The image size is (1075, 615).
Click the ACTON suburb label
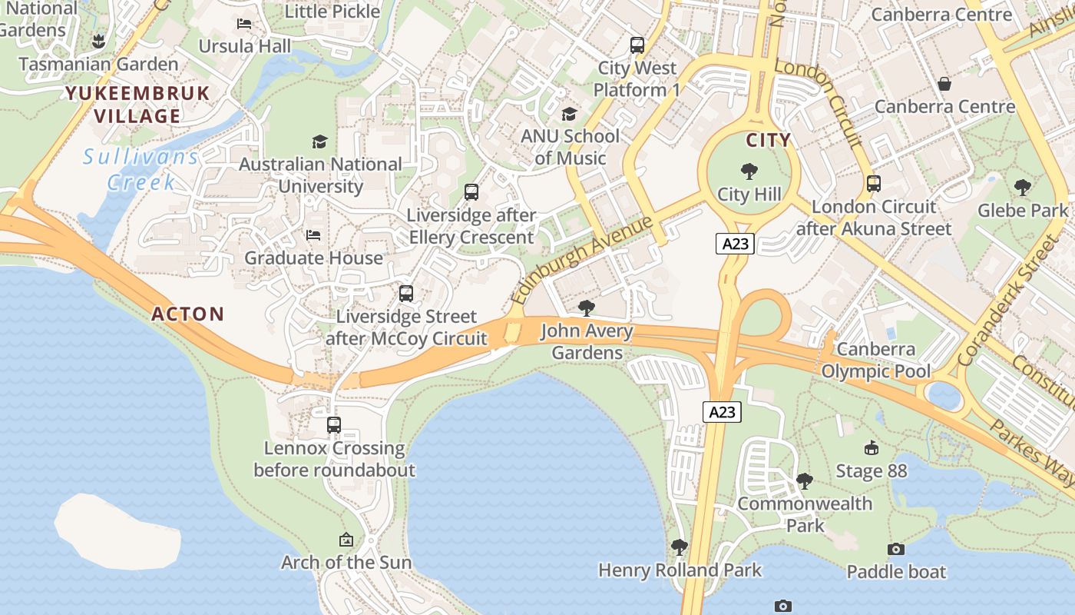tap(188, 314)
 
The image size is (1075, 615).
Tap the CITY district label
tap(769, 140)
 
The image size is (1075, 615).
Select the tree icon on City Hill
tap(749, 171)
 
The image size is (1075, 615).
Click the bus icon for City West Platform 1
tap(637, 45)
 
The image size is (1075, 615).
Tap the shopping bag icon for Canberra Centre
tap(944, 84)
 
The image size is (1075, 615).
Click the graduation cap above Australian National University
tap(319, 141)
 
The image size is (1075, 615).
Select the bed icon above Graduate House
tap(313, 235)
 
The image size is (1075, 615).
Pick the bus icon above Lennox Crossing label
tap(334, 425)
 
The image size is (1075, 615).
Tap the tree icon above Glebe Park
tap(1022, 187)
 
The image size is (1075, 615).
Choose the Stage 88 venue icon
tap(871, 448)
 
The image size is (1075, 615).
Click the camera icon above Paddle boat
tap(896, 549)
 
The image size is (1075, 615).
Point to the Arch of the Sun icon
tap(346, 540)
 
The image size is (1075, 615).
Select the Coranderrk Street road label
tap(1008, 301)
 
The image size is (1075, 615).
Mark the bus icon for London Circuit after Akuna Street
tap(874, 184)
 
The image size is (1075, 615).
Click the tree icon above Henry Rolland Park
tap(679, 547)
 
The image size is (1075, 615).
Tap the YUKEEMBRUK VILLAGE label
tap(137, 105)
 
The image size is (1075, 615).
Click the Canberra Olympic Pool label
tap(876, 361)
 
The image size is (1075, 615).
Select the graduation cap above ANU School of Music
tap(569, 115)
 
